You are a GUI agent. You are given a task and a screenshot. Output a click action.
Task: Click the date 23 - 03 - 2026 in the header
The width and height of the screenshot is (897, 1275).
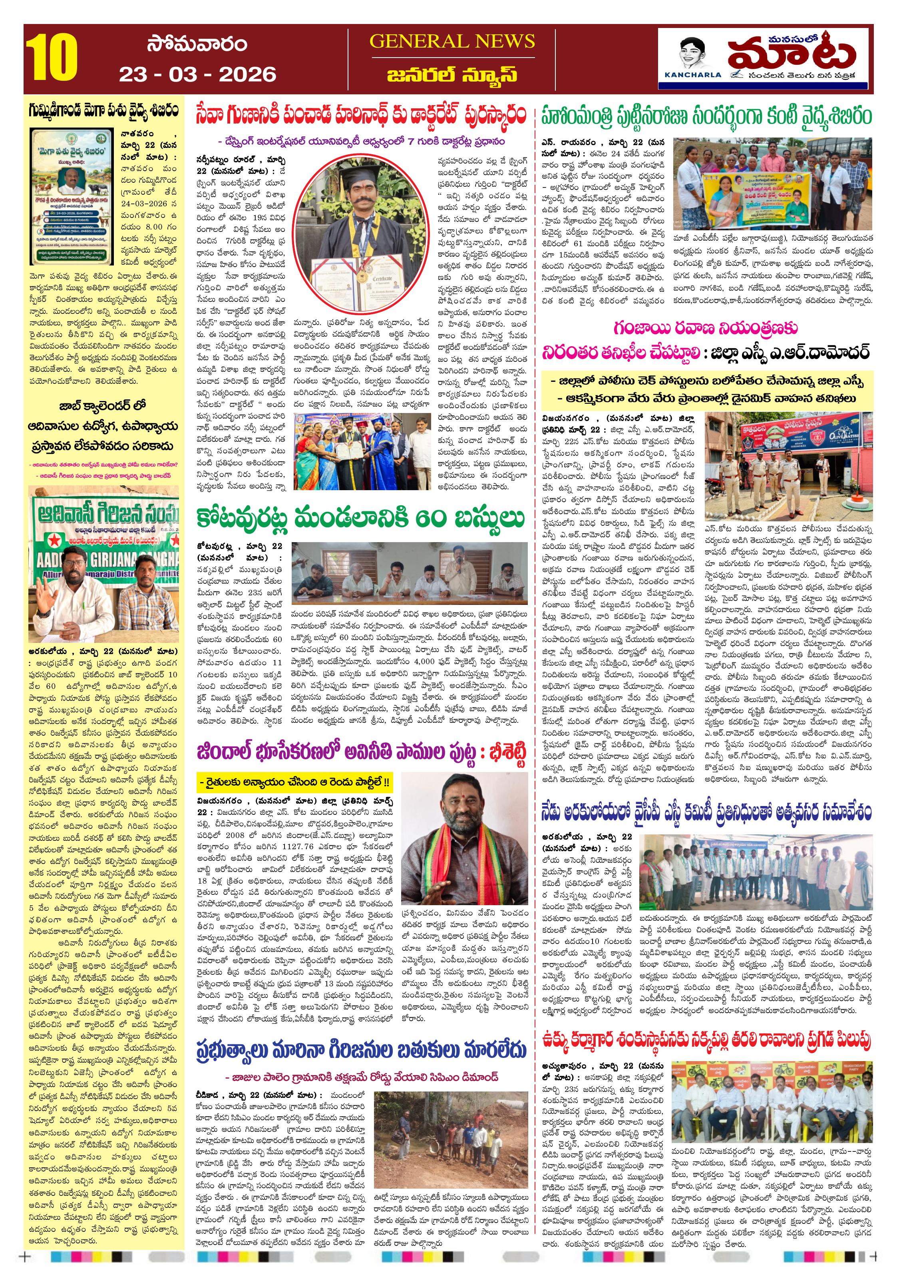pyautogui.click(x=198, y=74)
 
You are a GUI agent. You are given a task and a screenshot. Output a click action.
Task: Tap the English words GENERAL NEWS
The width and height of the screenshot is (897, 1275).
pyautogui.click(x=452, y=42)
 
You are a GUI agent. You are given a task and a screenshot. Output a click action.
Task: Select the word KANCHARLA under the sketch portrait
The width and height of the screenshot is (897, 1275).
pyautogui.click(x=693, y=74)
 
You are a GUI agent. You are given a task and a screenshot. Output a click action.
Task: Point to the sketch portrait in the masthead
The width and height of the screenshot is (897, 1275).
pyautogui.click(x=693, y=53)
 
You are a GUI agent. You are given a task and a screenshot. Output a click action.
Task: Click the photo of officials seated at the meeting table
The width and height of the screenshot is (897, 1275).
pyautogui.click(x=410, y=574)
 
